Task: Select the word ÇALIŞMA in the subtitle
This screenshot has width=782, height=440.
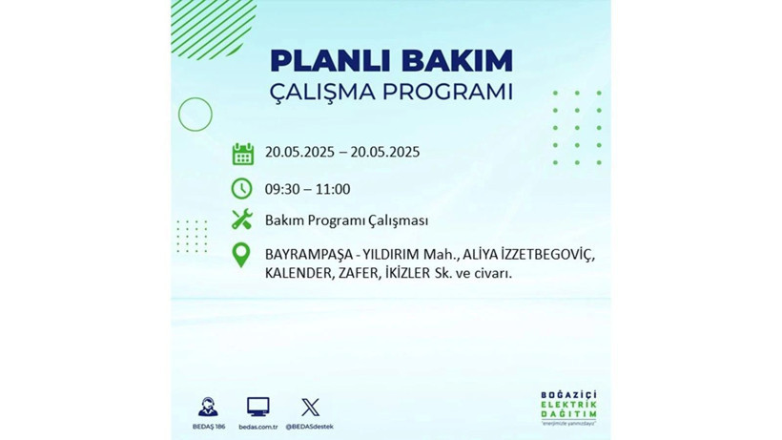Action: tap(324, 93)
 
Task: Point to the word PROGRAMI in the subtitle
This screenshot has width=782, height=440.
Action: tap(449, 93)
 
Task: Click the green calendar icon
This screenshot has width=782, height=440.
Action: tap(243, 154)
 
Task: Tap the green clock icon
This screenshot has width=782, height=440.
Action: tap(242, 189)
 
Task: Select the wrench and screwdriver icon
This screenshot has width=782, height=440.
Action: tap(242, 220)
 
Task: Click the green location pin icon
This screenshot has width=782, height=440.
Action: tap(242, 255)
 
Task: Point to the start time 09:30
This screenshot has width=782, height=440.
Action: tap(283, 189)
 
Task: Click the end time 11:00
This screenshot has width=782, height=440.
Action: tap(333, 189)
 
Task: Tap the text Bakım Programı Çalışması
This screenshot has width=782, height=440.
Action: tap(346, 220)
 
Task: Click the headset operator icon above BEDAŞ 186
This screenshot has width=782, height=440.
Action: tap(208, 407)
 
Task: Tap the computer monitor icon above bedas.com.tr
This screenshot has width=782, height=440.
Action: tap(257, 407)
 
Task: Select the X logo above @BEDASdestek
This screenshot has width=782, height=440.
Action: tap(310, 407)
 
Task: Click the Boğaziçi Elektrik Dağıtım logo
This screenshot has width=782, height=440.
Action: tap(567, 409)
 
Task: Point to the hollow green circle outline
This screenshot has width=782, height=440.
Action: tap(195, 115)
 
